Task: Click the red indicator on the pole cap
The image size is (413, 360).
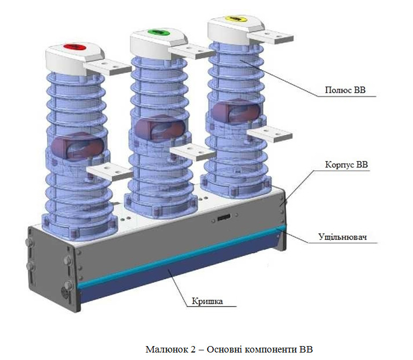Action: pos(74,47)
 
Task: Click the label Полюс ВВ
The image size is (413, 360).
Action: pos(345,90)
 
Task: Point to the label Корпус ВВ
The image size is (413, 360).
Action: pos(346,164)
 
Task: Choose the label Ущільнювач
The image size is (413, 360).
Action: pos(342,237)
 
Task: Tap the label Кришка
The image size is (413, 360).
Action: pos(207,301)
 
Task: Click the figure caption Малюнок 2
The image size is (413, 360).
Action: pos(229,349)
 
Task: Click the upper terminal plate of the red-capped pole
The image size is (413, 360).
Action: pos(108,67)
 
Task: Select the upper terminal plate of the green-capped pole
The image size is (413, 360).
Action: pos(192,51)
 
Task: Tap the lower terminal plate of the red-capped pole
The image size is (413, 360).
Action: pos(110,171)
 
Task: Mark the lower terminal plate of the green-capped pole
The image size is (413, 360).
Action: pos(193,152)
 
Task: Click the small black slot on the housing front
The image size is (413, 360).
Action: pos(224,218)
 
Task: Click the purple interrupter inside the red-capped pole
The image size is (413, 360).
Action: pos(78,147)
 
